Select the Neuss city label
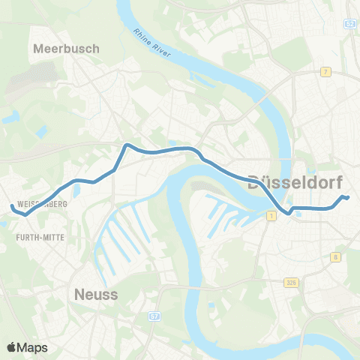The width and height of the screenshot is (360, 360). (96, 295)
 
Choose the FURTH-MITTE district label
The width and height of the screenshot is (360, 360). (39, 236)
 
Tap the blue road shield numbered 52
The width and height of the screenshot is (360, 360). (351, 24)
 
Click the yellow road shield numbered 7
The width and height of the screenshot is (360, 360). (325, 72)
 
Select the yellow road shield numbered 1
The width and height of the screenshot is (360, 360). (271, 215)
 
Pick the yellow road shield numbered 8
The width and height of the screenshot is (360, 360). (335, 256)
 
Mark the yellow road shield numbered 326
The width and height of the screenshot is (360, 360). (291, 282)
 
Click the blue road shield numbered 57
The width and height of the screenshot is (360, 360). (153, 317)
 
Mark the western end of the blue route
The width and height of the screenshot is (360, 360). (10, 207)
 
